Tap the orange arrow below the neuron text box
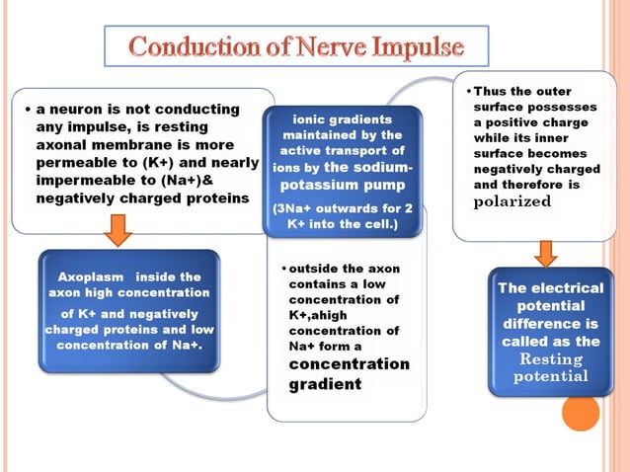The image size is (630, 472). coord(118,230)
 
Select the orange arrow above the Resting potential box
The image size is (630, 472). coord(545,254)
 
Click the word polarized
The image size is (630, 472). coord(512,200)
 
